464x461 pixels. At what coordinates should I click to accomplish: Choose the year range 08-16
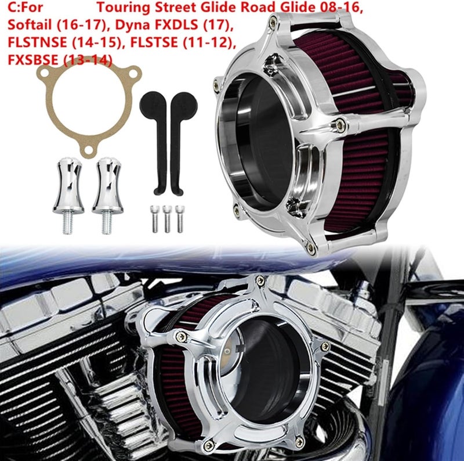point(325,9)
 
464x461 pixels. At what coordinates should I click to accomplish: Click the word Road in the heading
point(258,9)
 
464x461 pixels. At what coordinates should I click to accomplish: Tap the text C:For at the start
point(24,9)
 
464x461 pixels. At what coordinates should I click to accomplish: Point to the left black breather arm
point(156,139)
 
